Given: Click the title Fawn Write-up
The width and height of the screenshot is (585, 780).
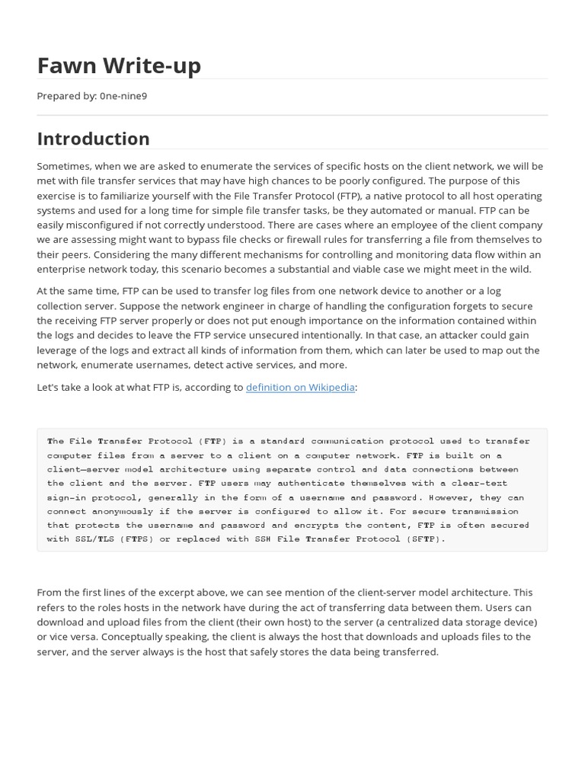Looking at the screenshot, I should tap(119, 66).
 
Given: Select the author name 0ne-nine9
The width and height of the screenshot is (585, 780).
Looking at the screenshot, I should tap(123, 96).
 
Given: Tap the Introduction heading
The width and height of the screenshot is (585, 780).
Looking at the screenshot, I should tap(93, 139).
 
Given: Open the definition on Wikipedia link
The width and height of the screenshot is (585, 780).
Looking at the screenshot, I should tap(300, 387).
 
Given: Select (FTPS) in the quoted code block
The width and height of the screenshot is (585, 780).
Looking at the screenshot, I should tap(137, 539).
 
